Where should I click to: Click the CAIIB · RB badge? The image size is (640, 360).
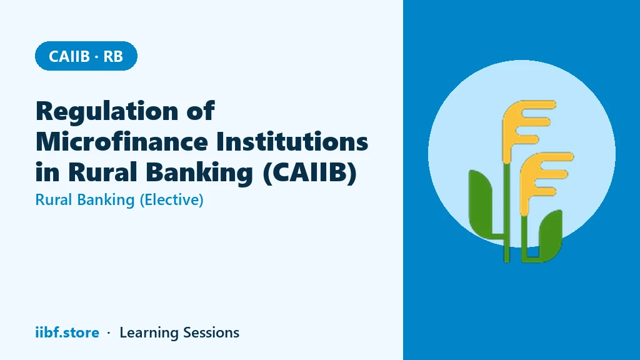(x=86, y=56)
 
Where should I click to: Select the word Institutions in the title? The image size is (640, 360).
(x=292, y=141)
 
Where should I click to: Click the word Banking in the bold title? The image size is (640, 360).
(x=199, y=173)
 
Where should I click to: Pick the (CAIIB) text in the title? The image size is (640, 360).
(x=310, y=172)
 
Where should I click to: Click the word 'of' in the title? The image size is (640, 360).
(x=201, y=111)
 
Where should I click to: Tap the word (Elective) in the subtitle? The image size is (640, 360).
(x=171, y=200)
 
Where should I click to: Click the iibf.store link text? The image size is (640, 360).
(x=67, y=332)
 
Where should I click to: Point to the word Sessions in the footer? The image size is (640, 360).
(x=211, y=332)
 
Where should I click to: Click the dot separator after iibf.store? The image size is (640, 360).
(x=109, y=333)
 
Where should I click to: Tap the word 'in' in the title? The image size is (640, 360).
(x=46, y=172)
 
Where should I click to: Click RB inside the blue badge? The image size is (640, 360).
(x=113, y=56)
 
